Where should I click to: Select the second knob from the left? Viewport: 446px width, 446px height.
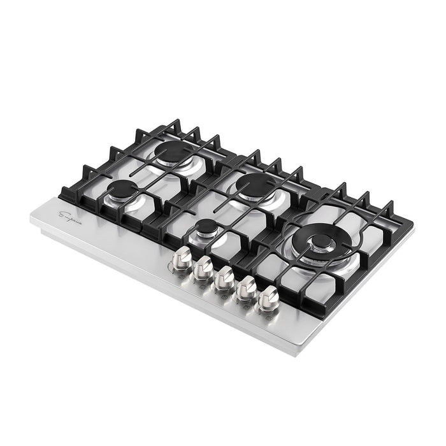click(x=203, y=268)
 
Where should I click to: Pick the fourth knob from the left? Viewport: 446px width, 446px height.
click(x=246, y=287)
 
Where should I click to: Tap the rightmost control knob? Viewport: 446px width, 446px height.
click(x=269, y=297)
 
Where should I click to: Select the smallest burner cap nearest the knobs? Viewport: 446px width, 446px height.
click(x=206, y=228)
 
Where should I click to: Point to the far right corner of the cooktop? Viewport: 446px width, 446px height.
click(x=411, y=224)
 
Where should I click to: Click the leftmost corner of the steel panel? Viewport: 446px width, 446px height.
click(x=31, y=215)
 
